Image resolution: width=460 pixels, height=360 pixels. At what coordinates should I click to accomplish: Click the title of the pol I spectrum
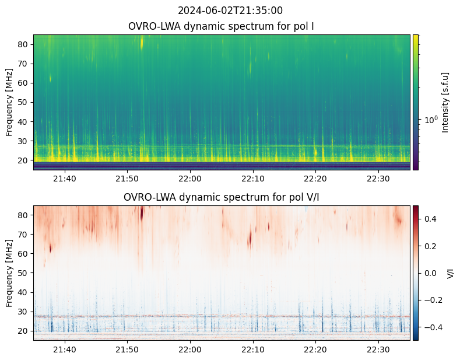coord(221,26)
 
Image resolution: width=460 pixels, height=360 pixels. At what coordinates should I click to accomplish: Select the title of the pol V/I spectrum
coord(221,197)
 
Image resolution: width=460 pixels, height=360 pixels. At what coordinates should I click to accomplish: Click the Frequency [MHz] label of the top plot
coord(9,102)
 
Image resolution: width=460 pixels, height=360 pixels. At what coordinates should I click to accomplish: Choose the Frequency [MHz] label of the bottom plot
coord(9,273)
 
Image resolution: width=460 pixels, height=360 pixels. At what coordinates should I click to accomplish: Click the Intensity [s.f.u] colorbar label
coord(446,102)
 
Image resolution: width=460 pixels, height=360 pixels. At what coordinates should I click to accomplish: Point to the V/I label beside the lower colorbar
coord(450,273)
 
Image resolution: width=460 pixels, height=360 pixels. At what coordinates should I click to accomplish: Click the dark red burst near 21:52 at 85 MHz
coord(142,211)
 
